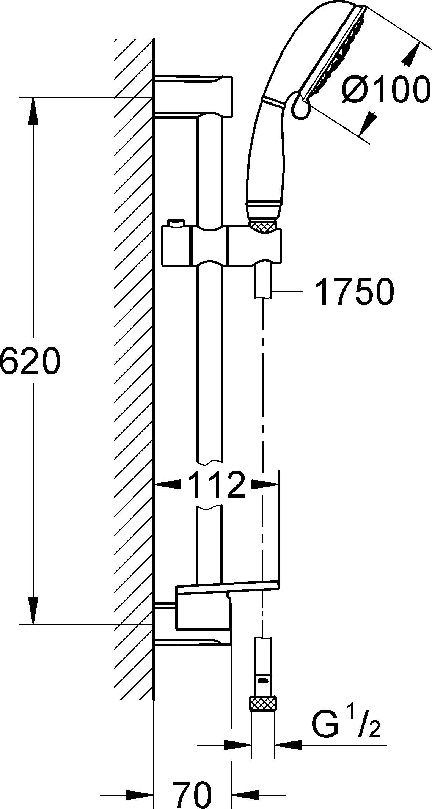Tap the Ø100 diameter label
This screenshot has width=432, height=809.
(386, 90)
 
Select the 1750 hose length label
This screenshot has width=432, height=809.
(350, 292)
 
